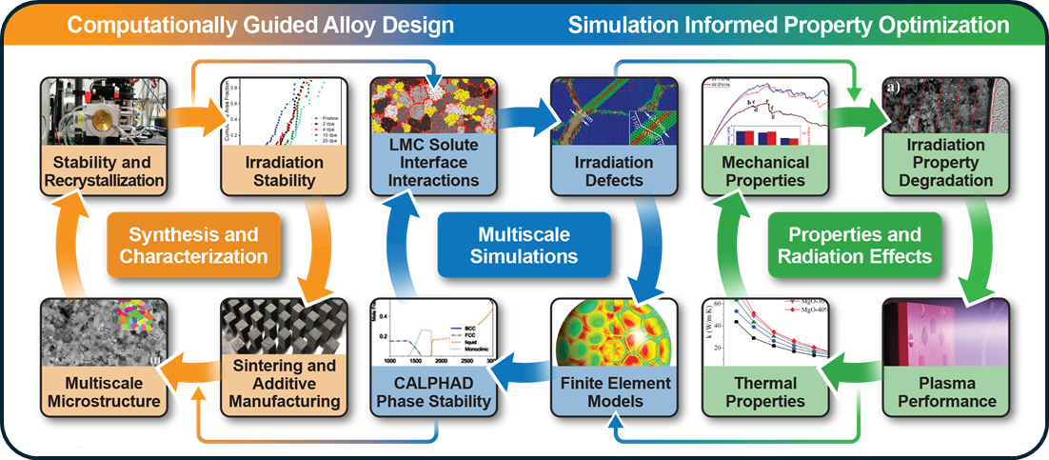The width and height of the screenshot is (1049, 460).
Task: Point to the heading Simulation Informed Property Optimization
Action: [788, 24]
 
